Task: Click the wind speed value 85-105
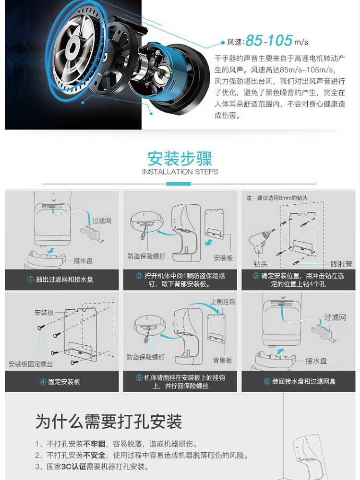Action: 269,40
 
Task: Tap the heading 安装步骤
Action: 180,159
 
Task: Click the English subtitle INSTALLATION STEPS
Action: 180,172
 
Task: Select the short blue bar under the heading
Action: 179,184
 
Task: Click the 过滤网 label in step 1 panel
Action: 102,221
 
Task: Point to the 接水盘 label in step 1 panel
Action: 83,261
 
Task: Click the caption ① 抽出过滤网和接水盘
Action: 60,280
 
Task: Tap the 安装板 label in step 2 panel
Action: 223,258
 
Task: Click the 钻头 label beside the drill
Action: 261,264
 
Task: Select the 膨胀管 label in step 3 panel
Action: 341,264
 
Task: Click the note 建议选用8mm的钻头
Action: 283,198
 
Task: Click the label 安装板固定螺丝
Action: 31,364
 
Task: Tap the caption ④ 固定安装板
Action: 60,382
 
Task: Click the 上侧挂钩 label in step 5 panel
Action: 223,302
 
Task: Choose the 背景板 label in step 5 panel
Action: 222,360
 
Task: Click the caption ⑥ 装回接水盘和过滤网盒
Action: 300,381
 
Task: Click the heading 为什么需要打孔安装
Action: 109,421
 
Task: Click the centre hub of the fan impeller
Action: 73,47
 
